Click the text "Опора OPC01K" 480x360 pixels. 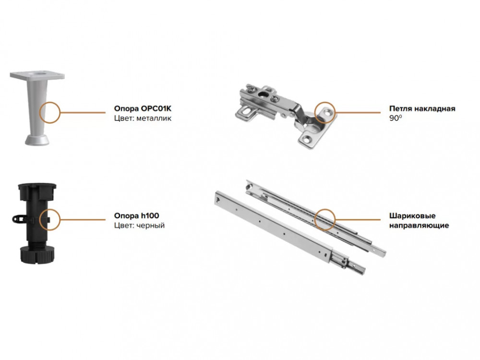[143, 108]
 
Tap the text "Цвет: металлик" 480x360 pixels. [143, 118]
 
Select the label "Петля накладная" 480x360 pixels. [422, 108]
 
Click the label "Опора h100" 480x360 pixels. [136, 216]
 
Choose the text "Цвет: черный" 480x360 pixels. [139, 225]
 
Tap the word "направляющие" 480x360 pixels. [418, 225]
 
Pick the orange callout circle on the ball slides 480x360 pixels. [325, 219]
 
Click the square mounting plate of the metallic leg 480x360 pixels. [37, 76]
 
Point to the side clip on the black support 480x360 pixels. [17, 219]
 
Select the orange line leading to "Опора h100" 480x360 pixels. [82, 219]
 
